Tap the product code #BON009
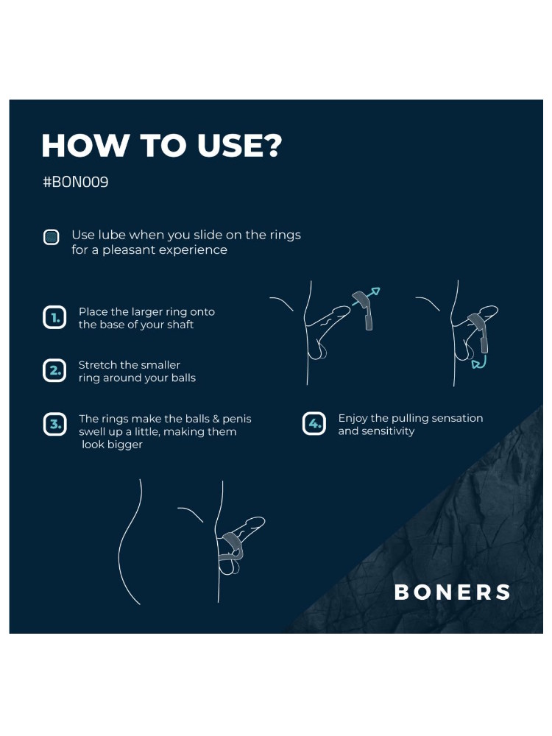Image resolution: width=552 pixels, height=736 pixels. click(76, 182)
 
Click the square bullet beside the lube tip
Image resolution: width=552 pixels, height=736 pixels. click(52, 237)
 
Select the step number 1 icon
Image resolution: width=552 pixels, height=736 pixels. click(54, 317)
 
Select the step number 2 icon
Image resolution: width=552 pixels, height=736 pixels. click(54, 370)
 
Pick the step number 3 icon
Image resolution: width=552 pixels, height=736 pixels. click(54, 425)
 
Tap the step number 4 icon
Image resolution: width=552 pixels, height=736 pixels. click(314, 424)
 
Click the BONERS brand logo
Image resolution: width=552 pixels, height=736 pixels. click(452, 592)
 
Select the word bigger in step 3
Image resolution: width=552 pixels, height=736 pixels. click(127, 445)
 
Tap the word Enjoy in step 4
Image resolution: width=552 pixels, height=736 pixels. click(353, 419)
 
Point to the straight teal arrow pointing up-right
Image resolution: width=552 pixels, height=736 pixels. click(366, 297)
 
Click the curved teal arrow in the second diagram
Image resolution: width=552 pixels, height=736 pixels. click(480, 361)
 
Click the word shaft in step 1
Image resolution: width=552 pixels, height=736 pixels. click(180, 325)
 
